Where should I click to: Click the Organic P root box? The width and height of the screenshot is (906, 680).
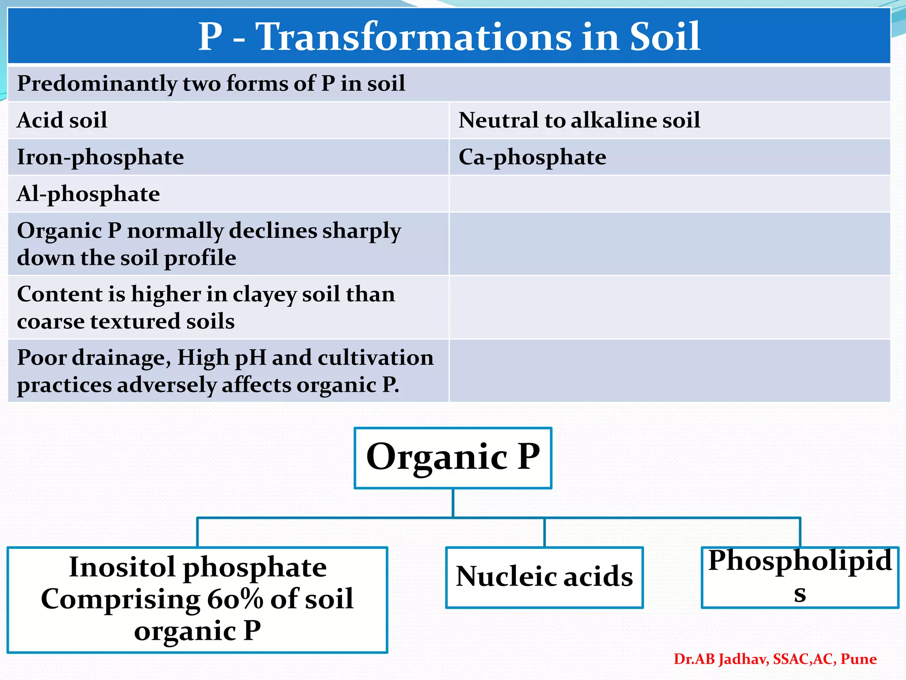point(453,458)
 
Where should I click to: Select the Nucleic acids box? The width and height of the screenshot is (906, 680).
point(544,577)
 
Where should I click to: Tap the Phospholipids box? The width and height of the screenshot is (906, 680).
point(800,576)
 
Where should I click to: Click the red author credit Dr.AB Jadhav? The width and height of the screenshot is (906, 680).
point(722,659)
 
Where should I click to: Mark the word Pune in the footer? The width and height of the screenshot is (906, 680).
point(858,659)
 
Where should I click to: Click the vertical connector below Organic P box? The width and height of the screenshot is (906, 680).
point(453,503)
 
